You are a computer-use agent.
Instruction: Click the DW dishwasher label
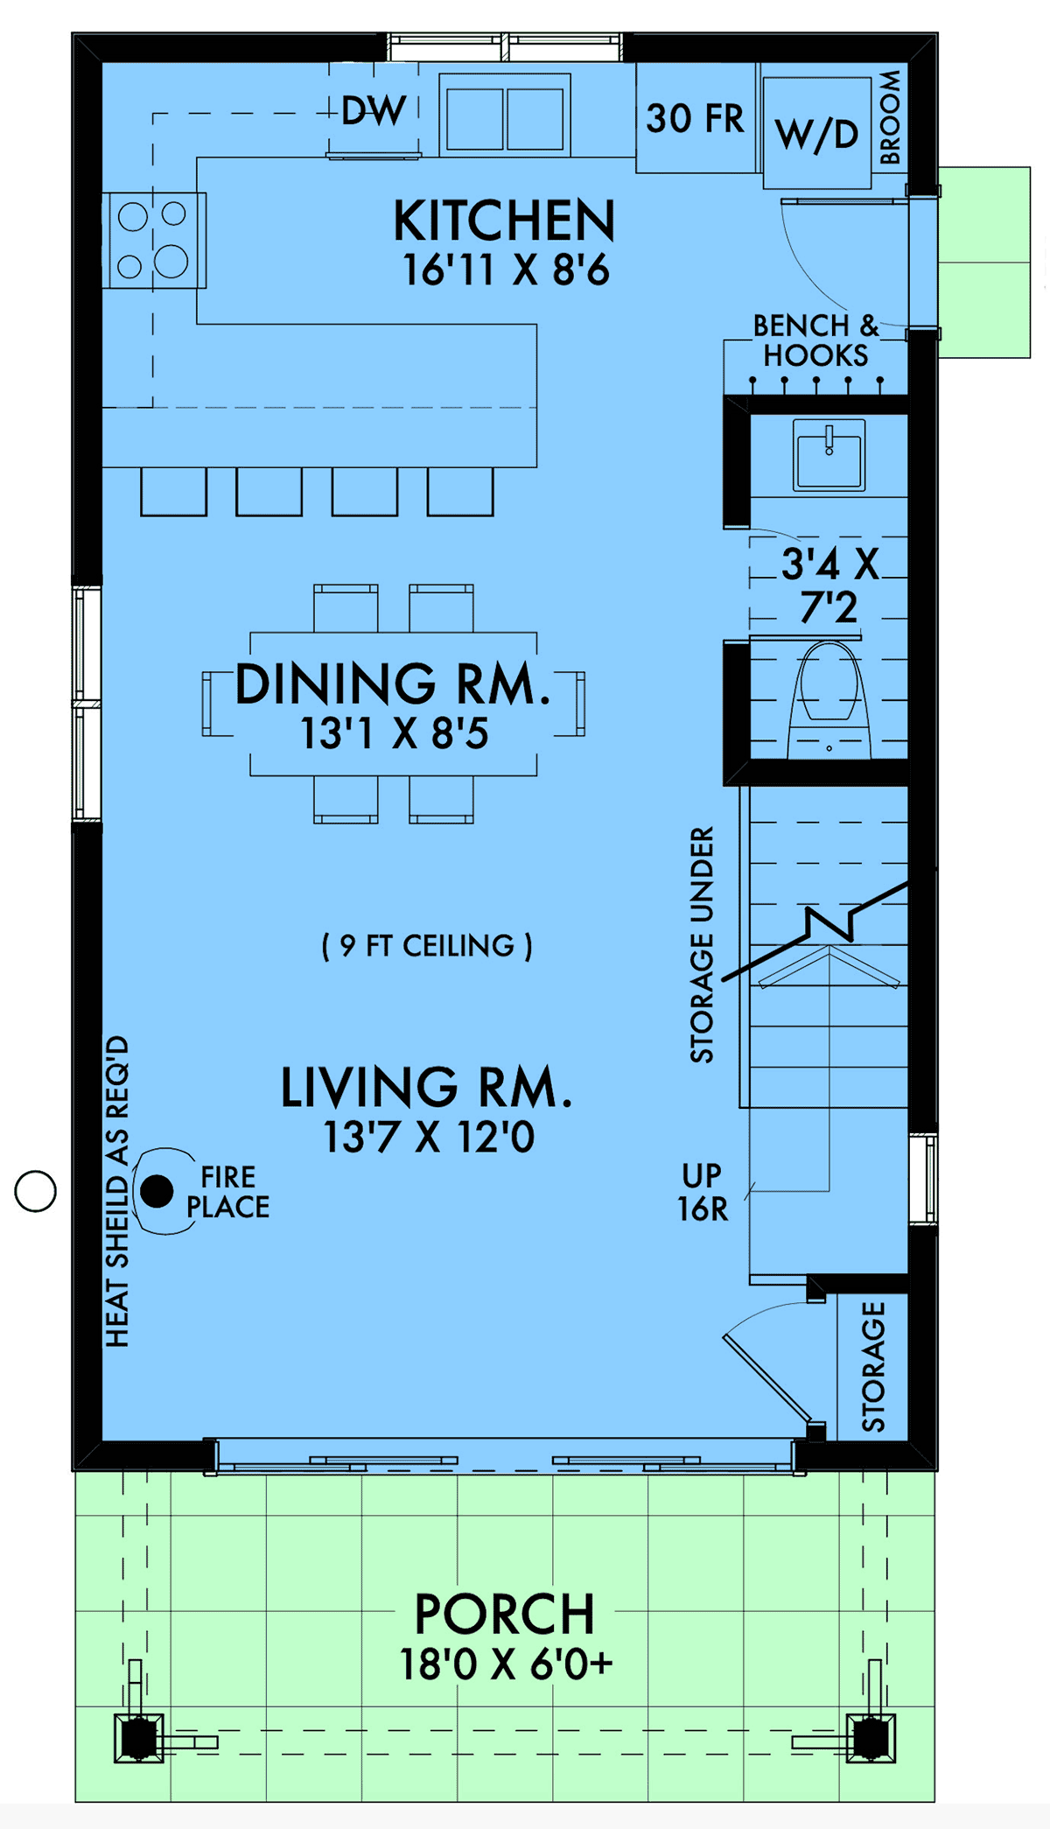374,111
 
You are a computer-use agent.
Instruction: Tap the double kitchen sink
505,115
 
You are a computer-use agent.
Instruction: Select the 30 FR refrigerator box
695,118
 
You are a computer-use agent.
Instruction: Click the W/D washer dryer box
816,134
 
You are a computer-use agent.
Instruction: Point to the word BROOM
890,117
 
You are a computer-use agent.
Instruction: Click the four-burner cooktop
153,240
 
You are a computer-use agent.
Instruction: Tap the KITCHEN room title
505,221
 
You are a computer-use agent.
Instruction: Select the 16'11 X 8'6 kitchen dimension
506,270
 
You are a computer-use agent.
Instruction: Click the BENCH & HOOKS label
815,340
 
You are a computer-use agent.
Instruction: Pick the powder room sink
829,454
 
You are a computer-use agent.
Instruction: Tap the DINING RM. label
393,684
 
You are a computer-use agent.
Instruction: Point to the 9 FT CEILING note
427,946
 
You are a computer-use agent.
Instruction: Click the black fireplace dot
157,1191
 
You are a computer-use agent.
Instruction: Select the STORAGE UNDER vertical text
702,944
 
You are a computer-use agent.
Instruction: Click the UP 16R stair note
703,1192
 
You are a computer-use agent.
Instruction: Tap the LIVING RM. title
426,1088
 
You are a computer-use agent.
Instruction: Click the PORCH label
505,1615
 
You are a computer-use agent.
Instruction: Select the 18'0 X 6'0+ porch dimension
506,1664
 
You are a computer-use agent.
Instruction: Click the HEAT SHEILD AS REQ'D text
117,1191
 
